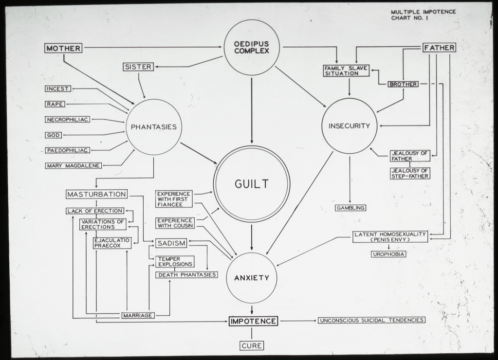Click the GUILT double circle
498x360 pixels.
click(x=252, y=184)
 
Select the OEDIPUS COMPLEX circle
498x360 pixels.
click(x=252, y=48)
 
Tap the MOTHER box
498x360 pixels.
click(x=63, y=48)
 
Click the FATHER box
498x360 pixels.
click(x=439, y=48)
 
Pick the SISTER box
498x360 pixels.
click(x=138, y=67)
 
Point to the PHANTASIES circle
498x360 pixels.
click(x=154, y=127)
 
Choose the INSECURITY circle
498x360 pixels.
click(x=349, y=126)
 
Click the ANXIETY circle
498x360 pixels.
click(x=252, y=278)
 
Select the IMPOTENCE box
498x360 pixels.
click(x=253, y=321)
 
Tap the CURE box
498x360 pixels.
click(x=252, y=346)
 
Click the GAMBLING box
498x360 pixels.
click(x=350, y=208)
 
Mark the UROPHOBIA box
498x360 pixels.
click(x=388, y=254)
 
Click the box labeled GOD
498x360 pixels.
click(x=54, y=135)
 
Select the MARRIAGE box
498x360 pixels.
click(x=138, y=315)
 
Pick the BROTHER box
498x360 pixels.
click(x=403, y=84)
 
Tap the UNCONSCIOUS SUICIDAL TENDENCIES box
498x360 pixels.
click(x=371, y=320)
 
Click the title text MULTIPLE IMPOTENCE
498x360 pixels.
click(x=424, y=12)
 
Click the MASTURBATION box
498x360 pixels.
click(x=96, y=195)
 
